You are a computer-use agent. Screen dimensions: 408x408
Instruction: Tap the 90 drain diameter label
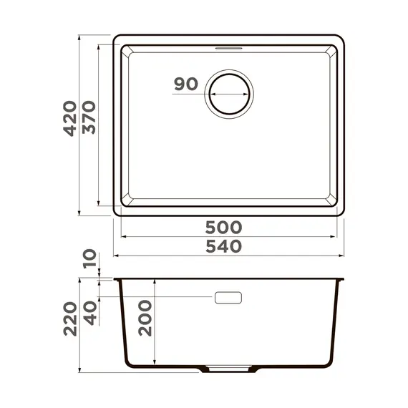(x=185, y=84)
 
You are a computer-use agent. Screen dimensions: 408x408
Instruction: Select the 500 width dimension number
(x=224, y=228)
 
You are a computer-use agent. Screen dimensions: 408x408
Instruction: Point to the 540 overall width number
(x=224, y=246)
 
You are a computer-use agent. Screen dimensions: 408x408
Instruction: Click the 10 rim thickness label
(x=89, y=258)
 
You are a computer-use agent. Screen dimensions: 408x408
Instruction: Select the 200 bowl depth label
(x=144, y=320)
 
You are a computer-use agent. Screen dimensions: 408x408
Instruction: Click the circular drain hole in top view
(x=229, y=93)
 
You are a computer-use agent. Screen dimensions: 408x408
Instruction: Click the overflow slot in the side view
(x=228, y=297)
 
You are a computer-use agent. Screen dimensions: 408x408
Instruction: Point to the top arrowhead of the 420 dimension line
(x=79, y=36)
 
